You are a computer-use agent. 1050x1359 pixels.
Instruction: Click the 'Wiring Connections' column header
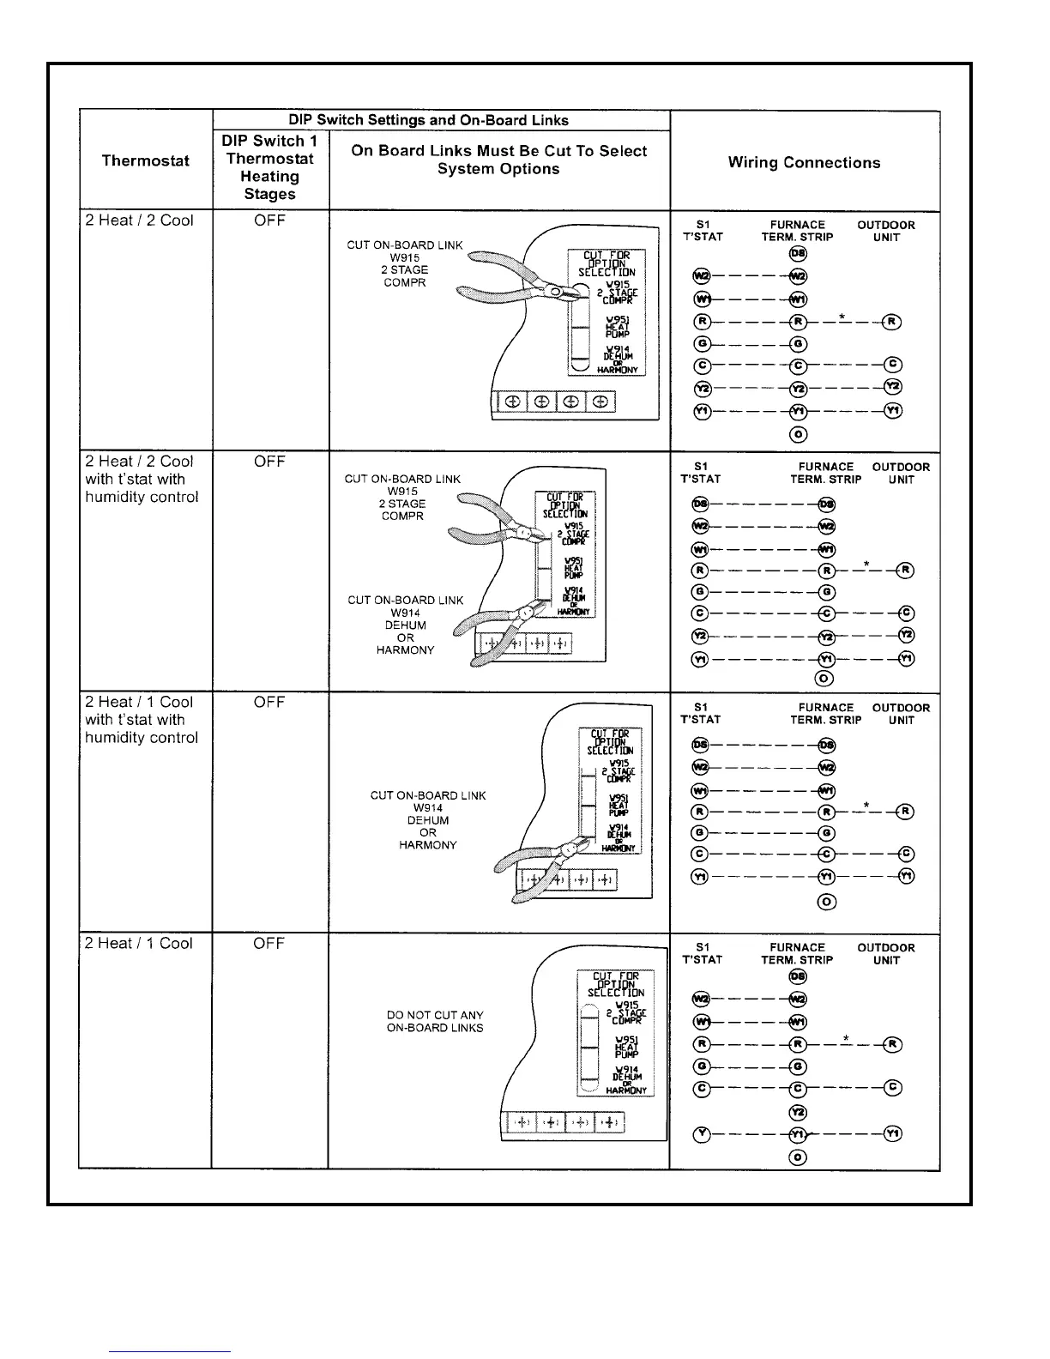[x=804, y=163]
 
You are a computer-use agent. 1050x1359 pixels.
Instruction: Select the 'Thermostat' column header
[x=145, y=160]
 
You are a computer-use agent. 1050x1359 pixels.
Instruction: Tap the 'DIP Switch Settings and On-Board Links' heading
[x=441, y=120]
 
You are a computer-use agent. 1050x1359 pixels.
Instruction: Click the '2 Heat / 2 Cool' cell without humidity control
[x=140, y=220]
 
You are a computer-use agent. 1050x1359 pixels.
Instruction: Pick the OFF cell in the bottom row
[x=269, y=944]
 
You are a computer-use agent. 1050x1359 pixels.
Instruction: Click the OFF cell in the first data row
[x=269, y=220]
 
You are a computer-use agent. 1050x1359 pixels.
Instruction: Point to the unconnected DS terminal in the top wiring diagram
[x=798, y=254]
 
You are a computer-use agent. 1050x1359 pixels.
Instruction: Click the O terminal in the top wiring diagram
[x=798, y=435]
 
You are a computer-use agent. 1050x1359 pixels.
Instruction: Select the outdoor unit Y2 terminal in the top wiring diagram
[x=892, y=388]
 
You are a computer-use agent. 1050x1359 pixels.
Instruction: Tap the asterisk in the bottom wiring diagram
[x=846, y=1039]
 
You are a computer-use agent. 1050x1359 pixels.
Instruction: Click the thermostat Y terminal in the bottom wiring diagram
[x=702, y=1134]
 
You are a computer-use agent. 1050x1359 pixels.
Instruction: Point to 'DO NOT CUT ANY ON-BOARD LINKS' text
[x=435, y=1021]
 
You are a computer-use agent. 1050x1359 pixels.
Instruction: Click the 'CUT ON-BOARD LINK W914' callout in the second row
[x=405, y=625]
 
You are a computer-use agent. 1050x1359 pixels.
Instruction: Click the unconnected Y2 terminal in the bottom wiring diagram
[x=798, y=1112]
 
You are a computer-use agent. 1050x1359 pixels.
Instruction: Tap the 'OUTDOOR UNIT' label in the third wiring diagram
[x=901, y=714]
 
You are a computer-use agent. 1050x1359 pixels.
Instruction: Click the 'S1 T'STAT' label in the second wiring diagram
[x=701, y=473]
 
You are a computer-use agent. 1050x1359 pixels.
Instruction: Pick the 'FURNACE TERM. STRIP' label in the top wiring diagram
[x=797, y=231]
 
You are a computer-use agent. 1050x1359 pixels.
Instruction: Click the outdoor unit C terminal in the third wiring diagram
[x=906, y=854]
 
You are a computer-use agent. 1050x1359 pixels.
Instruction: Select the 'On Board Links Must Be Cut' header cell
[x=498, y=160]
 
